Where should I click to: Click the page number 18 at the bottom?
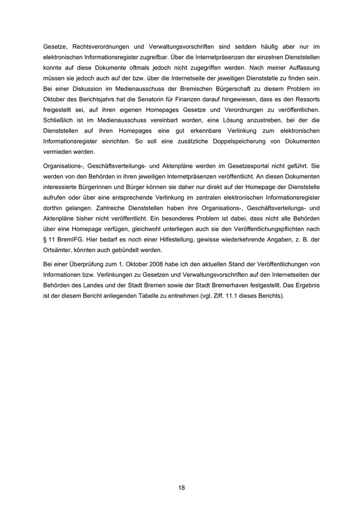coord(181,488)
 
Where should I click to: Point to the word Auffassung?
coord(301,68)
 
